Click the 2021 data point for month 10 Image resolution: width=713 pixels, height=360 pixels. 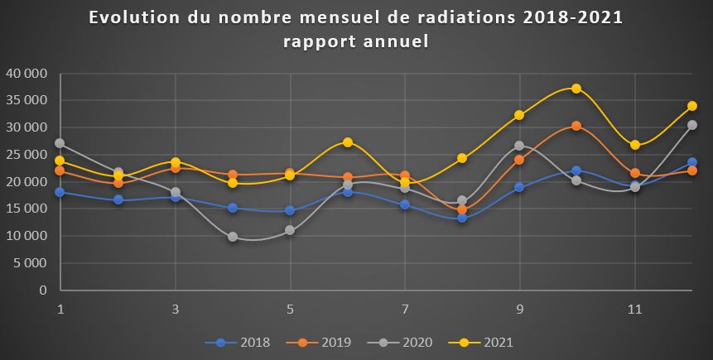click(576, 89)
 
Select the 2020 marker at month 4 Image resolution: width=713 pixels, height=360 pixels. click(233, 237)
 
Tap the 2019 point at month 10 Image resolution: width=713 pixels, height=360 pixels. click(576, 126)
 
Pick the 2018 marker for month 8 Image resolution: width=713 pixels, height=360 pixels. click(462, 218)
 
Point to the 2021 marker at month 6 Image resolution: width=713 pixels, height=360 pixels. click(348, 142)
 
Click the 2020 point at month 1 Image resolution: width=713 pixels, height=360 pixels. click(60, 143)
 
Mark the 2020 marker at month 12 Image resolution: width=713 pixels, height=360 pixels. click(691, 125)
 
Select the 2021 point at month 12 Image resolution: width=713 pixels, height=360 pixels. click(691, 106)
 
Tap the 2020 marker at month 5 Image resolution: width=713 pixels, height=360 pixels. click(290, 230)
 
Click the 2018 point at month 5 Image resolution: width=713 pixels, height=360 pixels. click(290, 210)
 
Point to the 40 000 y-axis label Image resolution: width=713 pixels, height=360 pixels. click(26, 74)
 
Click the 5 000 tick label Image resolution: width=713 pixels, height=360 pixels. click(30, 263)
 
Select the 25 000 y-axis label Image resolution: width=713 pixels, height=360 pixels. click(26, 155)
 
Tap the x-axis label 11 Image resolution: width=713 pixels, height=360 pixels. click(634, 308)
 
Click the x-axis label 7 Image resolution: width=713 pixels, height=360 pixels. click(405, 308)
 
